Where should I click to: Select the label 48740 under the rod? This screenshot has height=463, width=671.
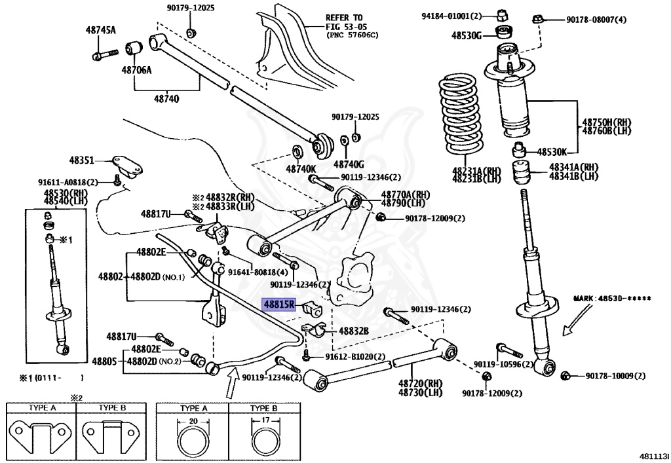[167, 99]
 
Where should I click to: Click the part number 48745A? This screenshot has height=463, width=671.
[100, 29]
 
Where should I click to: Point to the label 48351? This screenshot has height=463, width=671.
[83, 160]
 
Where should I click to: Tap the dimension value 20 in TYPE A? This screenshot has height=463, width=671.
[193, 421]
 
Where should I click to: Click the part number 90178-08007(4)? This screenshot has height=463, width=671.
[596, 20]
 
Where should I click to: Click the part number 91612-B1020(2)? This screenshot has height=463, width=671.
[355, 357]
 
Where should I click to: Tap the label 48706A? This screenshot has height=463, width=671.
[136, 69]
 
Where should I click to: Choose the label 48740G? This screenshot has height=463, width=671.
[349, 164]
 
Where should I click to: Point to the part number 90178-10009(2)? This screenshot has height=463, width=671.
[615, 376]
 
